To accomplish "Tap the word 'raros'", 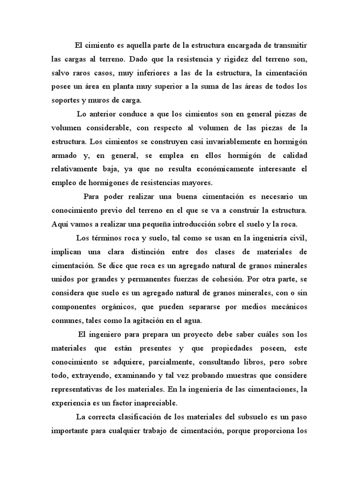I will coord(84,73).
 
